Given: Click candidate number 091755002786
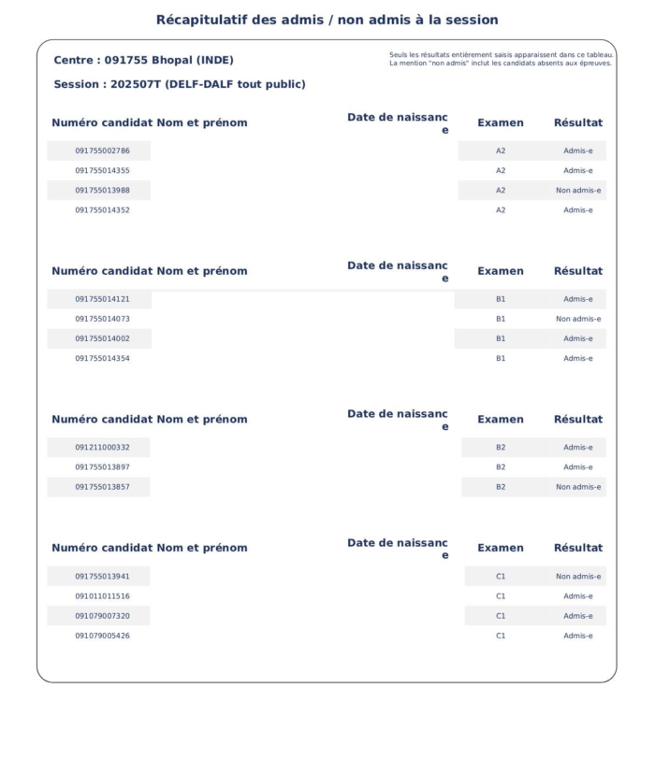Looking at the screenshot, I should pyautogui.click(x=102, y=150).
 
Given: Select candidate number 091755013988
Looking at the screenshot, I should pyautogui.click(x=102, y=191).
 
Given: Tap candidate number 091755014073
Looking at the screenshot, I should pyautogui.click(x=102, y=319).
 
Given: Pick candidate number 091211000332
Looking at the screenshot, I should pyautogui.click(x=102, y=448).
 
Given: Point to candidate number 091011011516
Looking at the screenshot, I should pyautogui.click(x=102, y=596).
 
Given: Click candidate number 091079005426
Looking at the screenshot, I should pyautogui.click(x=102, y=636).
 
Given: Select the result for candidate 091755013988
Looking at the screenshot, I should pyautogui.click(x=577, y=191).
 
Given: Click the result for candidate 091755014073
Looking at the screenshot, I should pyautogui.click(x=577, y=319).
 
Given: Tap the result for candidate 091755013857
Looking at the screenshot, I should pyautogui.click(x=577, y=487).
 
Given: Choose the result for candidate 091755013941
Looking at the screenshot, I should pyautogui.click(x=577, y=577).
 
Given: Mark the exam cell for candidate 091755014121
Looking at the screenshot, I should pyautogui.click(x=501, y=299).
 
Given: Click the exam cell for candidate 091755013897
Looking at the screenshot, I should pyautogui.click(x=501, y=467).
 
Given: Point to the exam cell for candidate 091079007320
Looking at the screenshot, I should pyautogui.click(x=501, y=616).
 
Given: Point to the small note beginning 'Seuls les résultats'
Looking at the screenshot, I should pyautogui.click(x=501, y=55).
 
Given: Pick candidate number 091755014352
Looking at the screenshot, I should pyautogui.click(x=102, y=210).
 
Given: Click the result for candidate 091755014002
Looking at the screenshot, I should pyautogui.click(x=577, y=338).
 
